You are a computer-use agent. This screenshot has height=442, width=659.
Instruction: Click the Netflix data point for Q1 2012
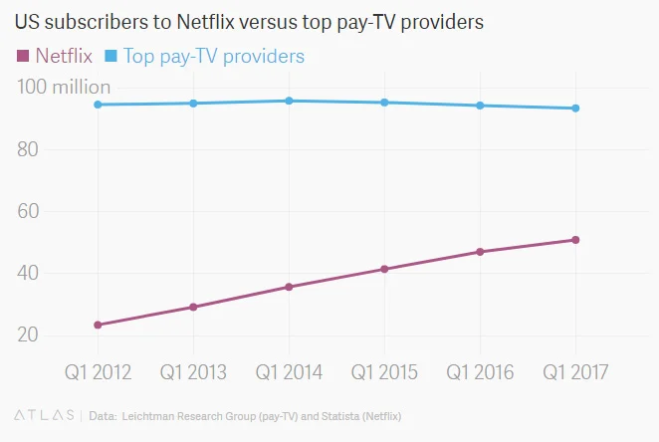(x=98, y=325)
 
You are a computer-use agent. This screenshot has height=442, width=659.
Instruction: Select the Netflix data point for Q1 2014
(x=289, y=287)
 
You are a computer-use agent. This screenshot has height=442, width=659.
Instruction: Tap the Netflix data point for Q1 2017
(x=575, y=240)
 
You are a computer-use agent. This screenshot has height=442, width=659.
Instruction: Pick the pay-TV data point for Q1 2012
(x=98, y=105)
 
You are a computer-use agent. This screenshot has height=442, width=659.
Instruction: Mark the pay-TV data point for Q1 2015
(x=384, y=103)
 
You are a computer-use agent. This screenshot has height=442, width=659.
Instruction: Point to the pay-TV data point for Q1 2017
(x=575, y=109)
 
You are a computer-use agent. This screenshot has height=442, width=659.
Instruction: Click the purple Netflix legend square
(x=23, y=55)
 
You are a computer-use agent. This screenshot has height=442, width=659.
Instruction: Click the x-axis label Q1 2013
(x=193, y=372)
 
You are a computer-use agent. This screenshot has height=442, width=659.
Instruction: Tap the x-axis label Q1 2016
(x=480, y=372)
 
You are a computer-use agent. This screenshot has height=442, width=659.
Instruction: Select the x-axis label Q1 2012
(x=98, y=372)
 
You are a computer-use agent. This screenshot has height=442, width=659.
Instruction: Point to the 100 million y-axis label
(x=64, y=88)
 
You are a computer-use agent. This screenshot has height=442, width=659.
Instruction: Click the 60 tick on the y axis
(x=32, y=211)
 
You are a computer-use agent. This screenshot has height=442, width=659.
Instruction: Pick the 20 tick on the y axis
(x=32, y=334)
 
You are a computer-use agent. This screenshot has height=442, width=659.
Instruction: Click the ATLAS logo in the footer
(x=44, y=414)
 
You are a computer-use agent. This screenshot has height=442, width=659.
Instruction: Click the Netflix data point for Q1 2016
(x=480, y=252)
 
